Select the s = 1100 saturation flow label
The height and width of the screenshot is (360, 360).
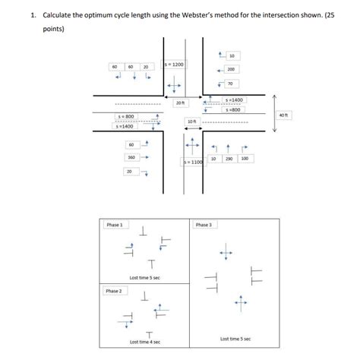(x=193, y=163)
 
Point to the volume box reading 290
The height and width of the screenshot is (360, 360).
(x=229, y=158)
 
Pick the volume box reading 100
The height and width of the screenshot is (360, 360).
(x=245, y=158)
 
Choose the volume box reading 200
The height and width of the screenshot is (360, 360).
(x=230, y=69)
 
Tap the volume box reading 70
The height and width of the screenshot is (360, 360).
(x=230, y=83)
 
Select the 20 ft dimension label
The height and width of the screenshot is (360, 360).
(x=180, y=103)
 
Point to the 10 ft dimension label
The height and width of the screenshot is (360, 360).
(x=191, y=122)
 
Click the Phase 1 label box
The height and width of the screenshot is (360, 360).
(x=115, y=225)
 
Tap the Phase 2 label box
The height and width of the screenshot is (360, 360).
(x=115, y=291)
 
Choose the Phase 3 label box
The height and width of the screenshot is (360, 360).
(x=204, y=225)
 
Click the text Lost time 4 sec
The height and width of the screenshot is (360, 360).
(x=144, y=342)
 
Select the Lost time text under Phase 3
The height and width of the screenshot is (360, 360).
(x=235, y=339)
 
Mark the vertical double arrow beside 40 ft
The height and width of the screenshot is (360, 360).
(x=274, y=113)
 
